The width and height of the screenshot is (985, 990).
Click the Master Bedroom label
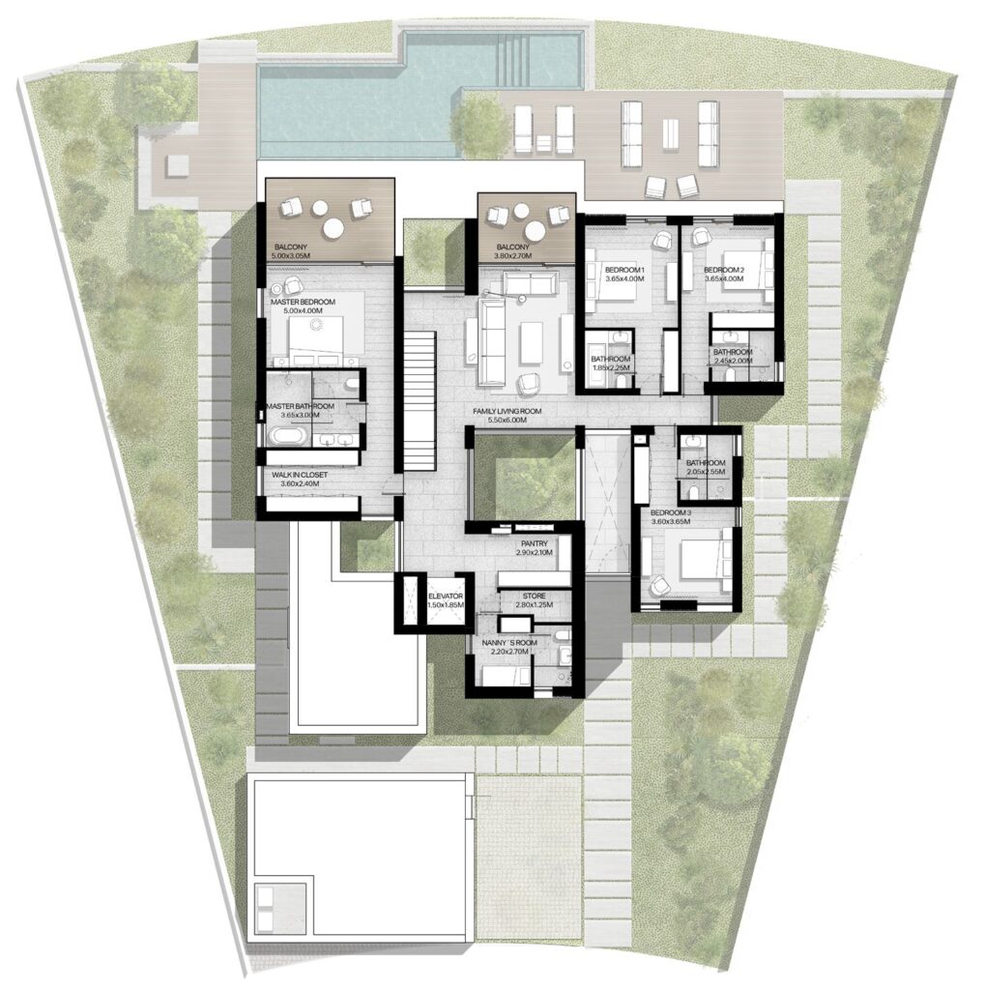304,303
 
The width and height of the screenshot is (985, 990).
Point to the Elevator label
447,596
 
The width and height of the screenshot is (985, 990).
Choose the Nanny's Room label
508,641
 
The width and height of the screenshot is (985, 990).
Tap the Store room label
535,596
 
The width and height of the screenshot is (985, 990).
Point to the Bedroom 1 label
625,269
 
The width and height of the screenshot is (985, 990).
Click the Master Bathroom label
302,406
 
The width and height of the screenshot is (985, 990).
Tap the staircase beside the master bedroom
419,398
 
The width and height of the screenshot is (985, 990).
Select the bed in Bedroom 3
700,559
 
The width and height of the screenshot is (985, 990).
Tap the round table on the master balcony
333,226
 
